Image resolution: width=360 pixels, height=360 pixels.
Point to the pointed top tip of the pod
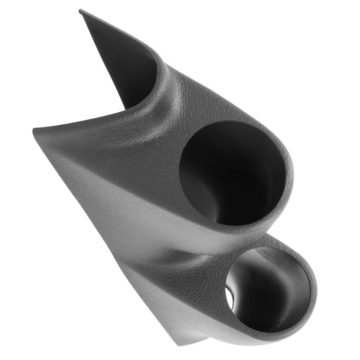[x=81, y=11]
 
